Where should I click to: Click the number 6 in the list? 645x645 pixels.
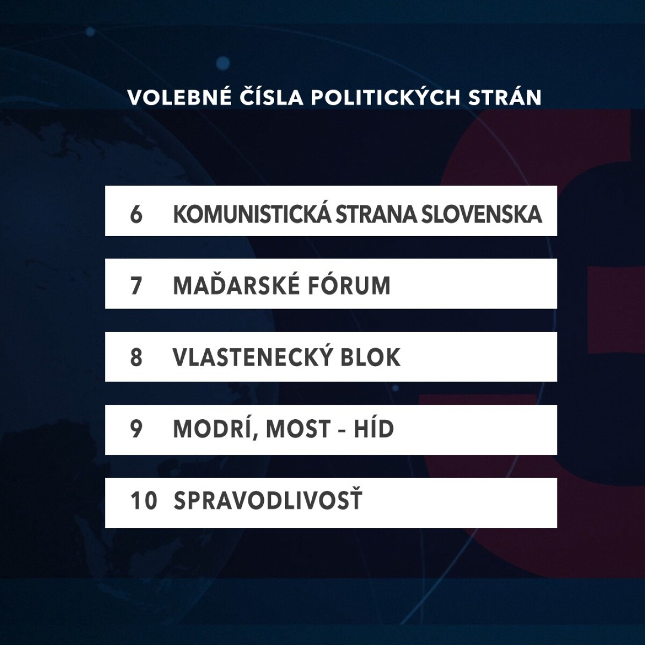(x=136, y=214)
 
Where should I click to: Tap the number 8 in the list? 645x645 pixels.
(x=136, y=357)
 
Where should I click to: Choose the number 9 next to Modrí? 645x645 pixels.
(x=136, y=429)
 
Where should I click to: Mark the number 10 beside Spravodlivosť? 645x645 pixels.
(x=144, y=501)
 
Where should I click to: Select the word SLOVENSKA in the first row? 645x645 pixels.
(x=481, y=214)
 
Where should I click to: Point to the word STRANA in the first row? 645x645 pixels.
(x=376, y=214)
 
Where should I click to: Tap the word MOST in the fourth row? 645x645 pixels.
(x=297, y=429)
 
